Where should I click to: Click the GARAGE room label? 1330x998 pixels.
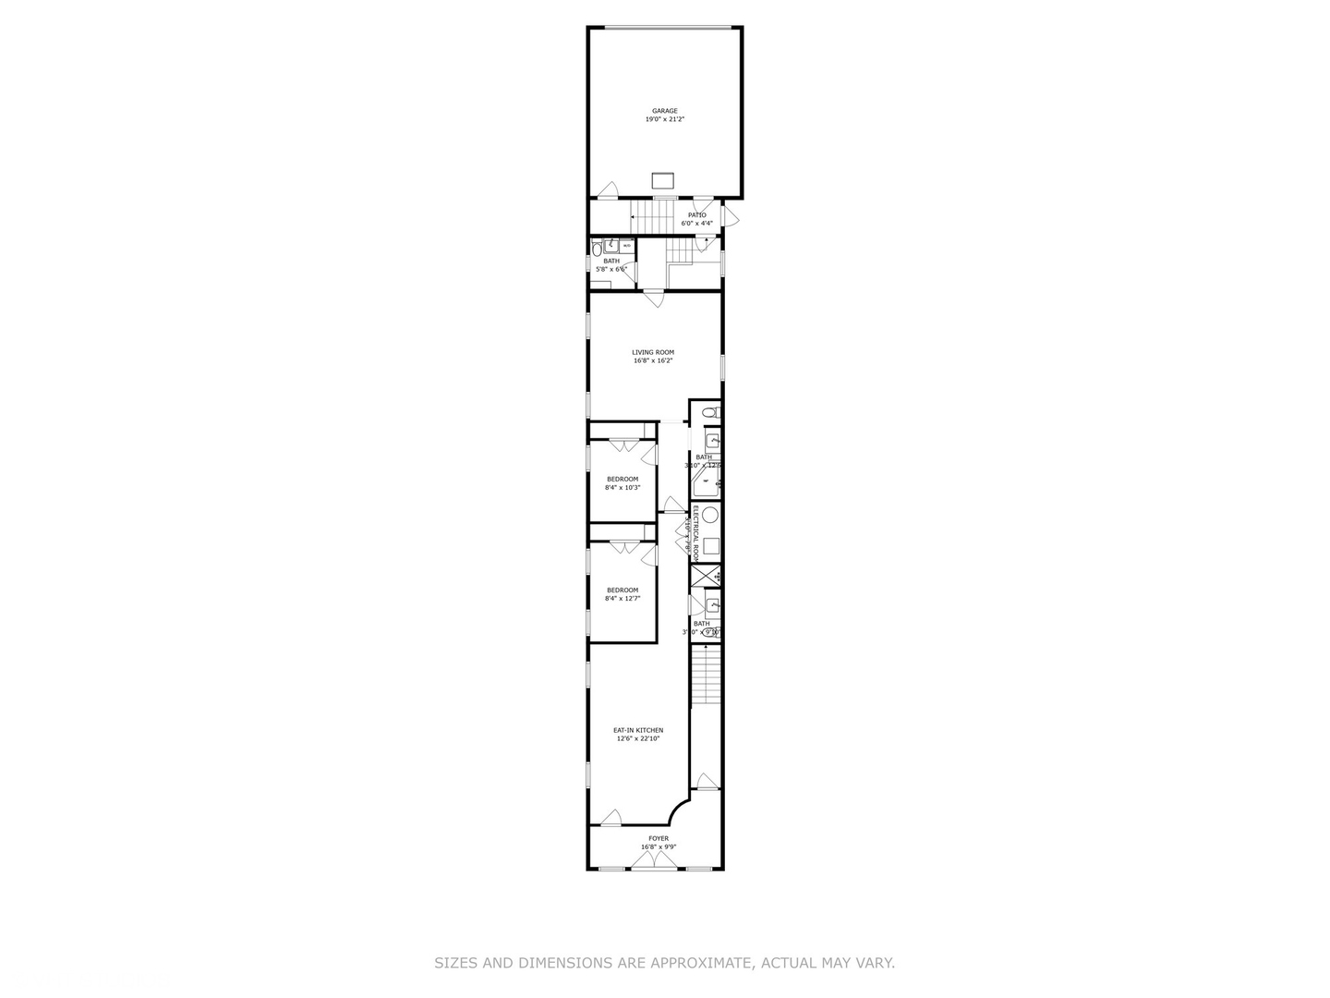664,111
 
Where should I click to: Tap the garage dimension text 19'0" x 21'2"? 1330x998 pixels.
664,119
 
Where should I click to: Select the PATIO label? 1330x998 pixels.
696,215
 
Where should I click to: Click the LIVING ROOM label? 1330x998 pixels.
653,352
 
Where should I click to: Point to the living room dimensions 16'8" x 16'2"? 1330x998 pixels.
653,361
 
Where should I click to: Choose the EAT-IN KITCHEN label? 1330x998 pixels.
638,730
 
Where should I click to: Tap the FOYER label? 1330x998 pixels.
658,839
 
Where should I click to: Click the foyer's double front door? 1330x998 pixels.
655,862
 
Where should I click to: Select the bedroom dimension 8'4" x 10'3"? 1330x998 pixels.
623,488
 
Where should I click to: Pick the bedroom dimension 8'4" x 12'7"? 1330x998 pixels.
623,599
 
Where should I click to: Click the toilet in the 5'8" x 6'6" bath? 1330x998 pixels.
598,247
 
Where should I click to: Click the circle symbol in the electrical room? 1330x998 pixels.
710,516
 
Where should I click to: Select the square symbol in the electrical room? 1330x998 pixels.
711,546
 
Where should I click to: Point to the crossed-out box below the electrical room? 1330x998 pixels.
706,576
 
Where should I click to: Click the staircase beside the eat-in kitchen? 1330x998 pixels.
706,675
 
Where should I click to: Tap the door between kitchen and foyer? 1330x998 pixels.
611,819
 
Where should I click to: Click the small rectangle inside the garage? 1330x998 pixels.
664,180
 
